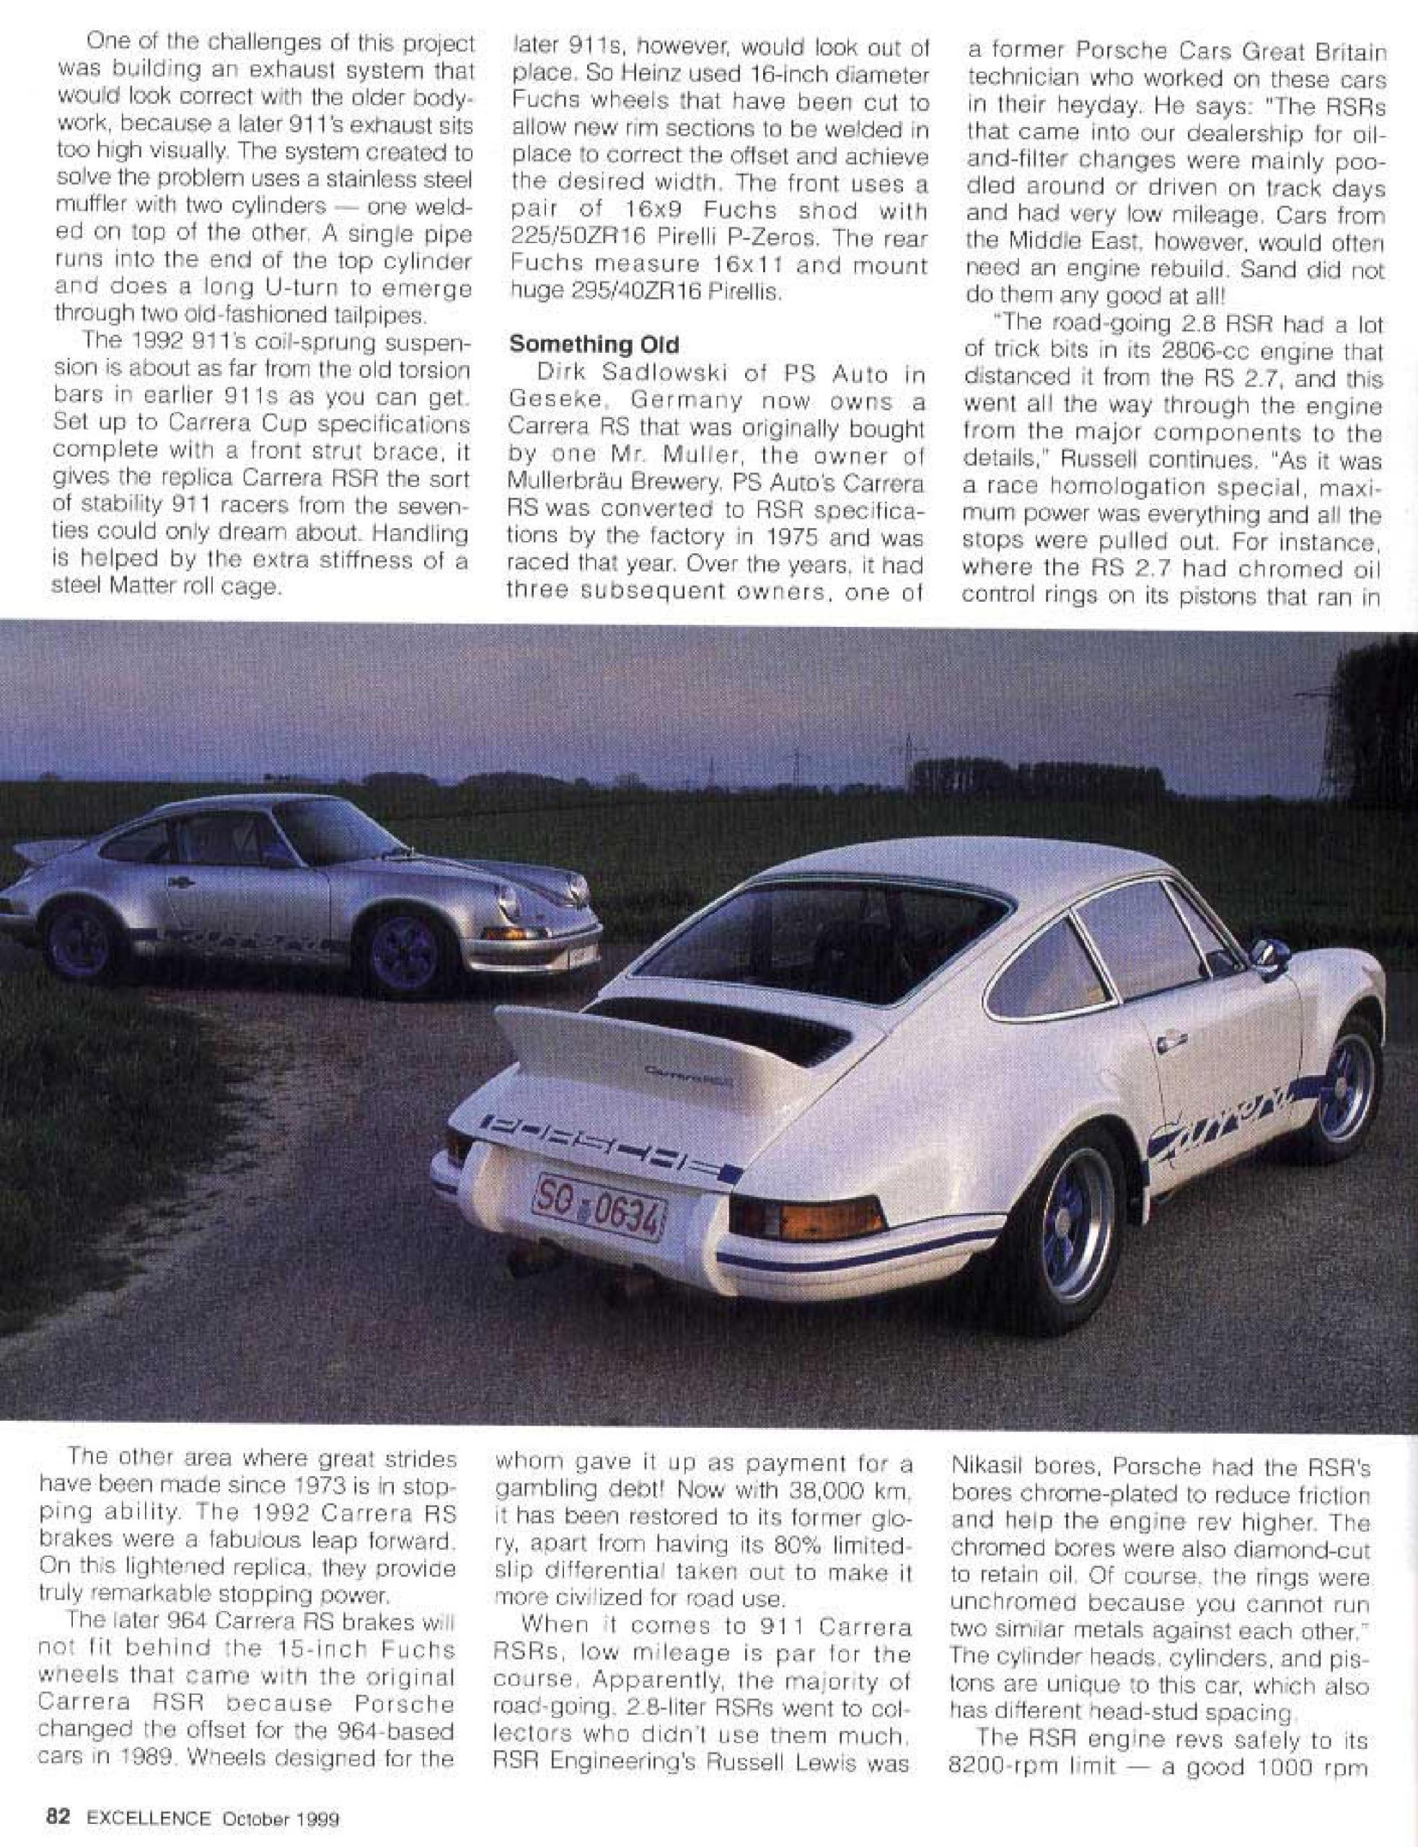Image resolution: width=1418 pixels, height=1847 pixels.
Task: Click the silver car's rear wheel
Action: pyautogui.click(x=78, y=944)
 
